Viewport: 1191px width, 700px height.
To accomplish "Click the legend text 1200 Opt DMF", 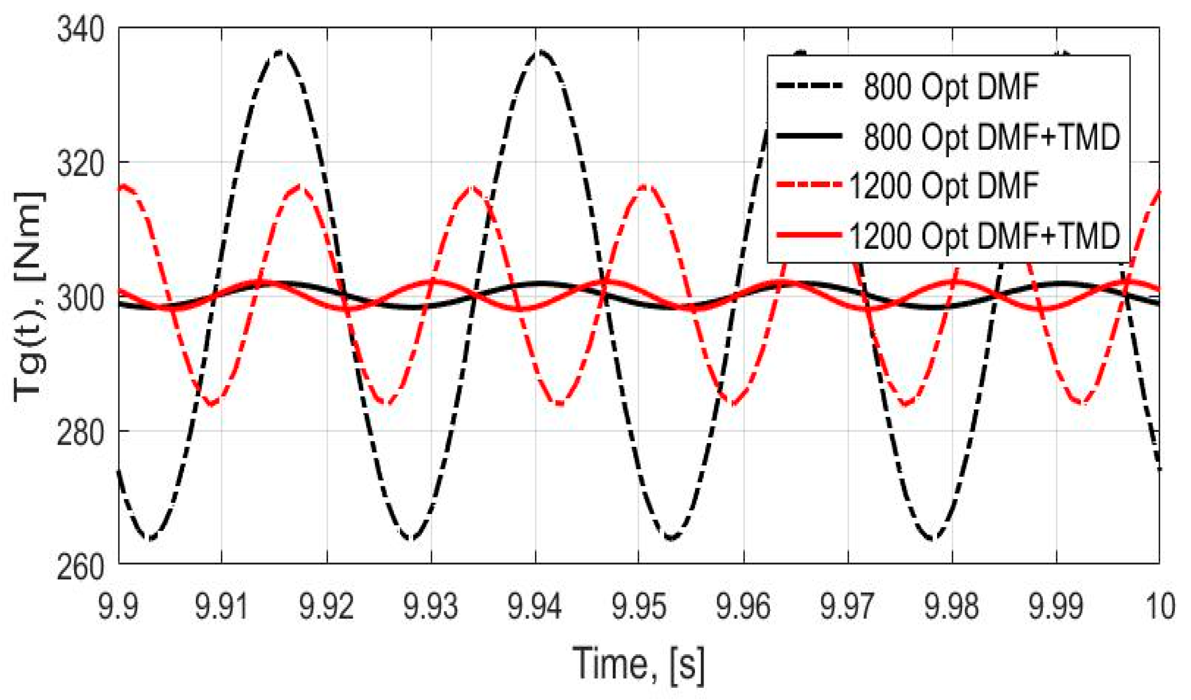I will pos(943,186).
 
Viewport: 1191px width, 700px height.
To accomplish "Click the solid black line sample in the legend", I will pos(809,136).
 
